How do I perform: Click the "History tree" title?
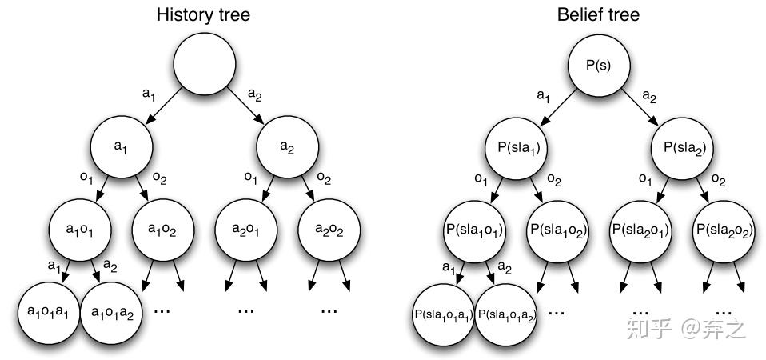[203, 14]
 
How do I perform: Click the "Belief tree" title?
[598, 14]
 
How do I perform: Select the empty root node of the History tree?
[205, 64]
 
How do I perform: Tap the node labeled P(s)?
[599, 65]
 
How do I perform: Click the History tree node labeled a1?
[122, 146]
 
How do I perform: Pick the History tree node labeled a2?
[288, 146]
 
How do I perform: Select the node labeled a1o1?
[80, 230]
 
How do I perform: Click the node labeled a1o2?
[163, 230]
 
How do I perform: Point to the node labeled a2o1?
[246, 230]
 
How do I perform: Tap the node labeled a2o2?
[329, 230]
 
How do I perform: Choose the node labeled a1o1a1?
[48, 313]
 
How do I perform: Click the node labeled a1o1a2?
[111, 313]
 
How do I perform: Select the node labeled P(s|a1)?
[516, 147]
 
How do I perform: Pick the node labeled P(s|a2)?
[682, 147]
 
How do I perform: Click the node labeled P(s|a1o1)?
[474, 230]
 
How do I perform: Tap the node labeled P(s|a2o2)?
[724, 230]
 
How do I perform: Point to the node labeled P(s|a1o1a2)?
[506, 314]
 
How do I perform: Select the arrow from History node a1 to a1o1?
[104, 189]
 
